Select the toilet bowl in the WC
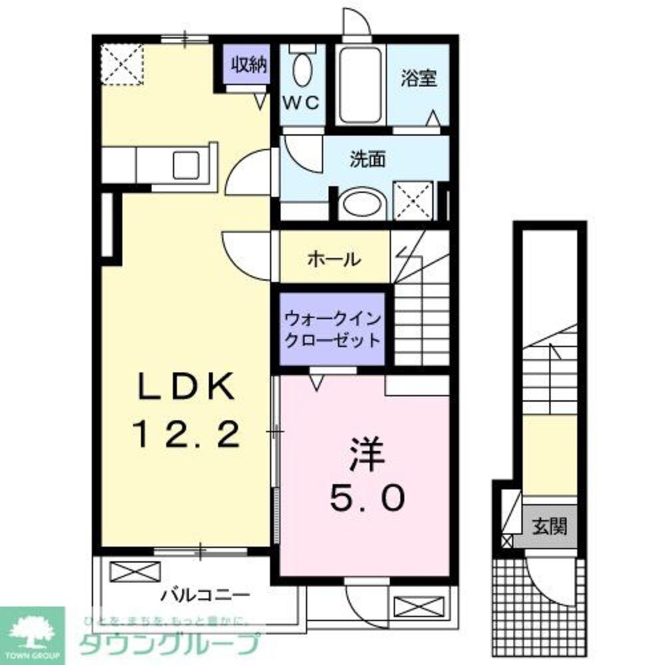[x=303, y=69]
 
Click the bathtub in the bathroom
[x=359, y=84]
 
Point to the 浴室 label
[x=419, y=78]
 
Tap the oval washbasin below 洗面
[x=361, y=204]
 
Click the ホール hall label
[x=334, y=259]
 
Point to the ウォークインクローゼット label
[x=332, y=329]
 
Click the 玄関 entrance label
[x=549, y=527]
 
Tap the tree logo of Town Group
[x=31, y=628]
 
